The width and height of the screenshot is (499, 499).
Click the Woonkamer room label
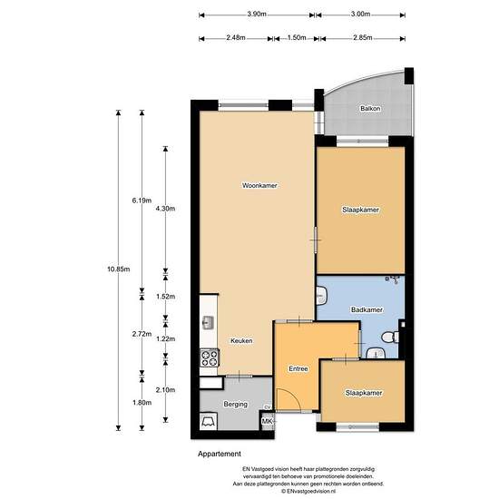point(259,185)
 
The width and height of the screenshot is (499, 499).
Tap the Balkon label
point(370,109)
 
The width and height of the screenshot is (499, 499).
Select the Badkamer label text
point(367,309)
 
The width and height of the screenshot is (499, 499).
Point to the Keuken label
point(241,340)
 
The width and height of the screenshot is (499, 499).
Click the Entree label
point(298,369)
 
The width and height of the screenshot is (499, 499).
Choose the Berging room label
point(236,404)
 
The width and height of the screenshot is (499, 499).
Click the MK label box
point(268,421)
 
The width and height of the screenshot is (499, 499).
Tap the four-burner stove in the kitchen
point(210,358)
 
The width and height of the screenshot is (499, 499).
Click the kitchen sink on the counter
point(208,323)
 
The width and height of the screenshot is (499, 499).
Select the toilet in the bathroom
point(390,338)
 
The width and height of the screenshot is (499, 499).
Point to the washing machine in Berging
point(209,421)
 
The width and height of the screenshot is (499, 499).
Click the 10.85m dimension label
point(118,269)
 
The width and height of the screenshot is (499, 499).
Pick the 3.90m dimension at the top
point(257,14)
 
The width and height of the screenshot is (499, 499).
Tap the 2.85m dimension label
point(363,37)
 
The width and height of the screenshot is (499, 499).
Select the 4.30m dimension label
point(165,209)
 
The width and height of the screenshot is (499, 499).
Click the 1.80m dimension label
point(142,403)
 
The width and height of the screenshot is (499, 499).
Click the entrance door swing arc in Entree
point(293,396)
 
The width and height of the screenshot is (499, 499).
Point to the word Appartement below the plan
point(220,454)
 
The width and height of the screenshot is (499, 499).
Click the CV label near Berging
point(268,407)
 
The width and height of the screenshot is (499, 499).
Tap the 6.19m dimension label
point(142,201)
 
